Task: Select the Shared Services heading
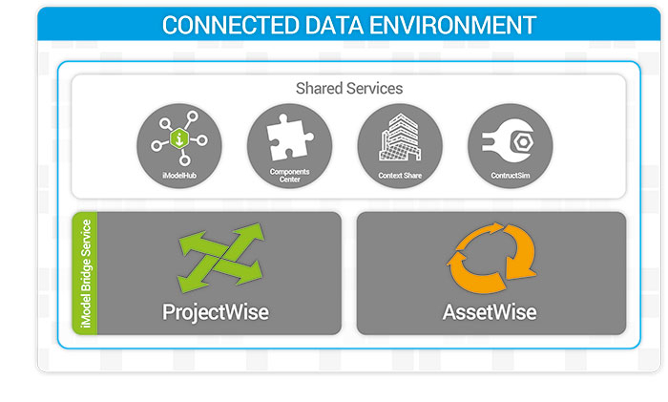tap(348, 88)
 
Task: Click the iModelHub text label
tap(178, 174)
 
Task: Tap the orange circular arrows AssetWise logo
tap(489, 257)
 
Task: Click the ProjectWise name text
tap(215, 311)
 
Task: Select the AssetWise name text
tap(490, 311)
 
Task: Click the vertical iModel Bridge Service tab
tap(85, 273)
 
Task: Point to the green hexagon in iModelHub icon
tap(178, 139)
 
